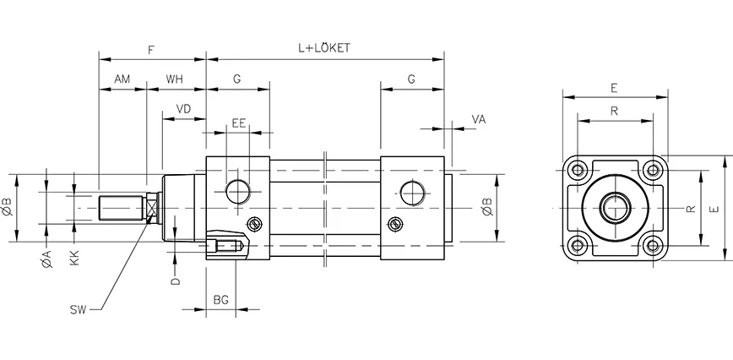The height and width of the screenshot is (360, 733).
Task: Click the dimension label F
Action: tap(150, 50)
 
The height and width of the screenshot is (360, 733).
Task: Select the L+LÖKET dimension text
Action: tap(323, 49)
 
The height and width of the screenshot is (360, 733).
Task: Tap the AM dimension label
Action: tap(122, 79)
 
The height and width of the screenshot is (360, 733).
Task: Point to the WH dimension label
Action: tap(175, 79)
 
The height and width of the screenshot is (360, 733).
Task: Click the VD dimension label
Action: tap(183, 108)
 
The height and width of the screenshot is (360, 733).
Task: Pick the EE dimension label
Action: tap(238, 123)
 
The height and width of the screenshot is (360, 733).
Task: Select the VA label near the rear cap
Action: tap(479, 120)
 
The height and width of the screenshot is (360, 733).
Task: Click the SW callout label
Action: tap(79, 310)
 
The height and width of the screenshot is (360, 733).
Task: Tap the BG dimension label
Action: tap(220, 300)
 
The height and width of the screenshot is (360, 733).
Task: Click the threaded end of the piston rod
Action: tap(118, 208)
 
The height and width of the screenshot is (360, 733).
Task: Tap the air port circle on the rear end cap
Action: tap(412, 192)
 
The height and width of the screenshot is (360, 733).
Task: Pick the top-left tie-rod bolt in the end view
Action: tap(578, 171)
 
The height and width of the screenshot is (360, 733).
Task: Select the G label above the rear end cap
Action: tap(411, 79)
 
